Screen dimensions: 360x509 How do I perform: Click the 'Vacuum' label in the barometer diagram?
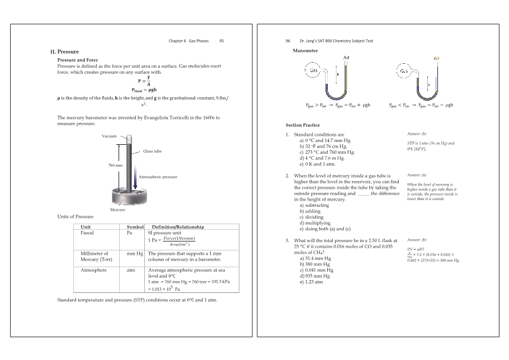(x=109, y=136)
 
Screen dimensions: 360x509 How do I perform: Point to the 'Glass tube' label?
(x=152, y=151)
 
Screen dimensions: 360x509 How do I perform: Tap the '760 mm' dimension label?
(x=115, y=165)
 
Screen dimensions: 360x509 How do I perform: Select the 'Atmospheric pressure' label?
(x=158, y=177)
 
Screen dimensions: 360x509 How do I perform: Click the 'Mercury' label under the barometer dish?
(x=117, y=210)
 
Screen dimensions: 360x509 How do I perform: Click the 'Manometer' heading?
(x=305, y=51)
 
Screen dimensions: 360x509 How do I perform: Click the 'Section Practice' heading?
(x=303, y=125)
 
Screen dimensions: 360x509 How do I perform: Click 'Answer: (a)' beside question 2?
(x=417, y=175)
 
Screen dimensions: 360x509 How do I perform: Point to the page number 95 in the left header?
(x=221, y=41)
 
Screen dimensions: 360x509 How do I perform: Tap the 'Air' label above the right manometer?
(x=436, y=58)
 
